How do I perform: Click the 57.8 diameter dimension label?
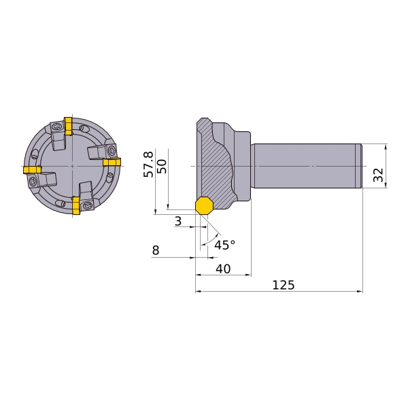point(148,165)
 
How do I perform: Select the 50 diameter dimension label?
point(162,167)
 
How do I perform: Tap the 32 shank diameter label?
point(378,175)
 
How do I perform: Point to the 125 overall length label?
point(284,285)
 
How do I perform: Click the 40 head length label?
point(223,269)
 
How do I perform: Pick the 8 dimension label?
point(155,250)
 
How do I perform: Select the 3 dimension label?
point(178,221)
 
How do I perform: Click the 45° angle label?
point(225,245)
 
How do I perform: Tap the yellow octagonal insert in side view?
point(205,205)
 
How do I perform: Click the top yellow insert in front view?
point(68,126)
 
